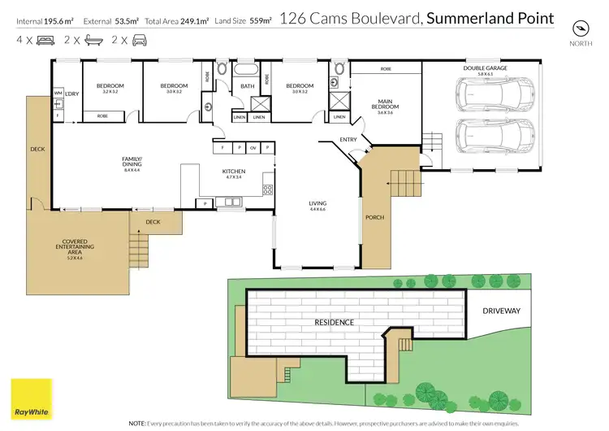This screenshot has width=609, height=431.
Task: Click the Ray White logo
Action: tap(30, 398)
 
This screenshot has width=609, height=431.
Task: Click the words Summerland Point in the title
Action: tap(491, 18)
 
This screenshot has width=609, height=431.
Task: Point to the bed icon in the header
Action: tap(45, 39)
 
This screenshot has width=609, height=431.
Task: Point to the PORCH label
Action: tap(374, 217)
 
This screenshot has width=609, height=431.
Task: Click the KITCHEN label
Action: tap(234, 172)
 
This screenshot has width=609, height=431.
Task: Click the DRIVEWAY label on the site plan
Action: tap(501, 311)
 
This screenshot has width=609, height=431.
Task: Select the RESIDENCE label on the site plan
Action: tap(334, 322)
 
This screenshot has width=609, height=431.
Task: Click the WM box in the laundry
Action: tap(58, 94)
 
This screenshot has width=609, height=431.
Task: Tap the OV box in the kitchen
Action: tap(253, 148)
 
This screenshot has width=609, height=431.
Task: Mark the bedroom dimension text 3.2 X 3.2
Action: tap(110, 92)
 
